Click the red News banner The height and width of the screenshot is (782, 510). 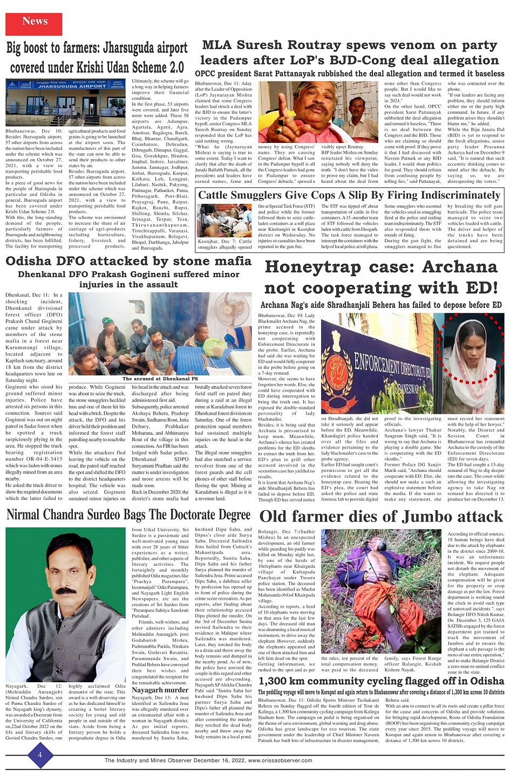[34, 22]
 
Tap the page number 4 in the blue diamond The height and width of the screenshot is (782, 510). [39, 754]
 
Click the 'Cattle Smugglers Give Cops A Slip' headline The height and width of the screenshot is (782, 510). [349, 195]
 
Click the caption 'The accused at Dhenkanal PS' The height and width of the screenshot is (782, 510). [160, 379]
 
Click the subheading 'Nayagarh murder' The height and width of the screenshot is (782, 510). [160, 690]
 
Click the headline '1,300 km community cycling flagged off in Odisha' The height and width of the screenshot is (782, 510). [381, 681]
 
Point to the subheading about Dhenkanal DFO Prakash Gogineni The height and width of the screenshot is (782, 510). [128, 279]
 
